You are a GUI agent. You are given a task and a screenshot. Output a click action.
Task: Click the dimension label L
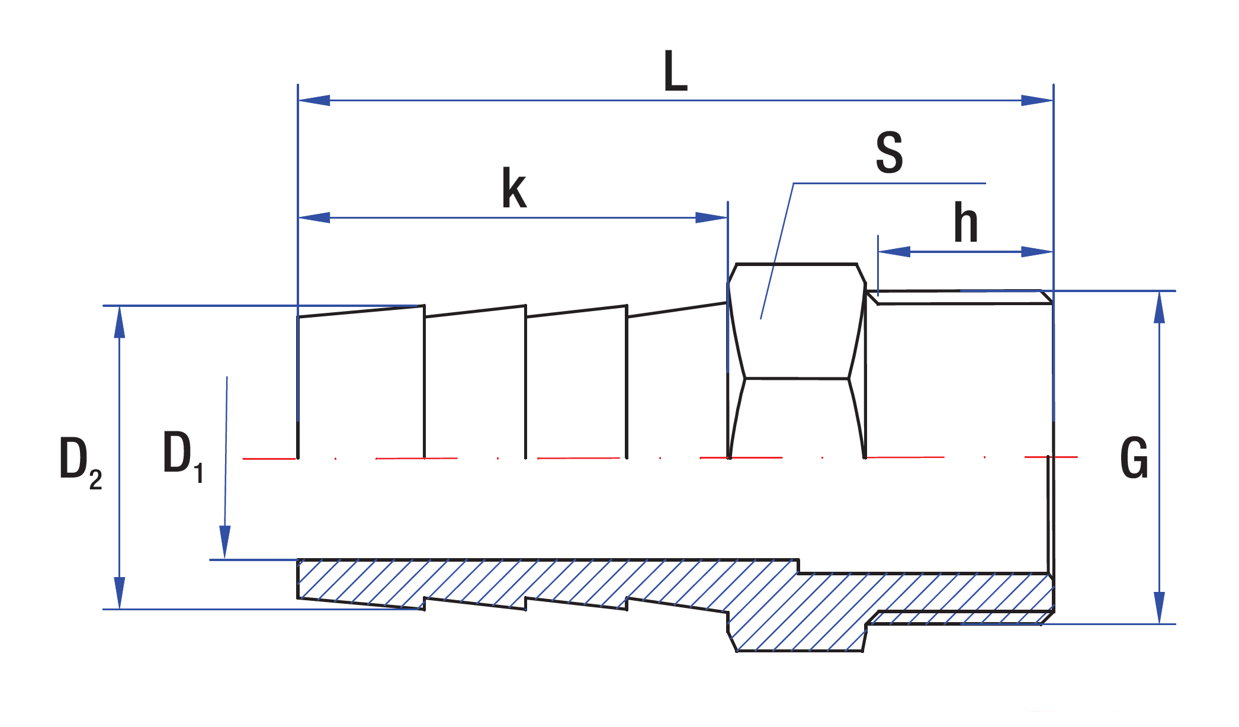[675, 71]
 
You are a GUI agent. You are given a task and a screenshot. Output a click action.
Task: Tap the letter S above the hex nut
[890, 153]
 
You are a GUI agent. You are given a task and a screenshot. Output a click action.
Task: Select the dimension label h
[965, 223]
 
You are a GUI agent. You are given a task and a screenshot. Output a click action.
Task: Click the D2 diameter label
[80, 462]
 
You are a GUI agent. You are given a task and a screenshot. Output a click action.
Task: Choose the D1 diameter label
[182, 456]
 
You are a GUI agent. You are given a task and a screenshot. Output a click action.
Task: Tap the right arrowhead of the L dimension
[1037, 100]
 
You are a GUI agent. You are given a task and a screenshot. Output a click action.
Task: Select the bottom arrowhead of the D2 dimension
[120, 593]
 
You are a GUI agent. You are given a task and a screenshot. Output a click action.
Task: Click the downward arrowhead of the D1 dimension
[225, 542]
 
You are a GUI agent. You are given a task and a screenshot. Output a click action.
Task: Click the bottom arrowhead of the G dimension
[1160, 607]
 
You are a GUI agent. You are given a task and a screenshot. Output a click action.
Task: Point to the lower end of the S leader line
[761, 319]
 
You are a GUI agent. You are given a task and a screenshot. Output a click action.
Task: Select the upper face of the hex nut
[797, 320]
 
